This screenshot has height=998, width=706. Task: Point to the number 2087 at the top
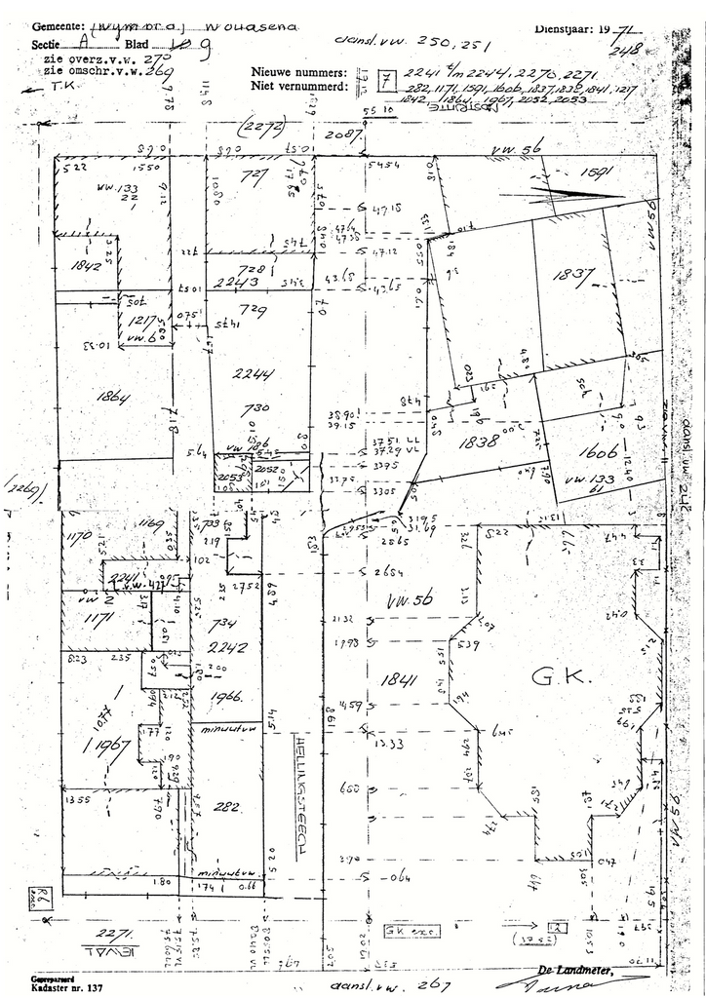coord(342,134)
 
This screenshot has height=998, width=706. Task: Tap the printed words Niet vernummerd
coord(299,86)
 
